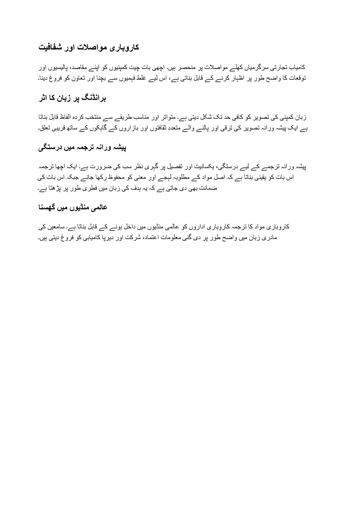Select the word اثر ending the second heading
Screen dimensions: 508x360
(x=44, y=98)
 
